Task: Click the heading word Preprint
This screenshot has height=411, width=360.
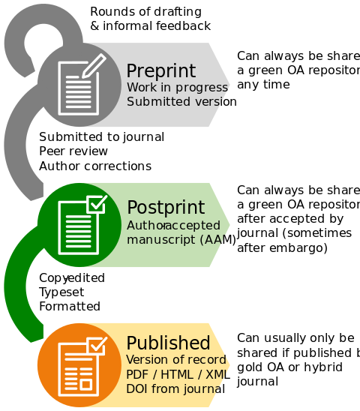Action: [160, 71]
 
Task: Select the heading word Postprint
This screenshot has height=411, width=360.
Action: [165, 208]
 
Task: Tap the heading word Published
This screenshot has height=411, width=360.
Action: [168, 343]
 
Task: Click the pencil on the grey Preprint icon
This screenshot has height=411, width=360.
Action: [93, 66]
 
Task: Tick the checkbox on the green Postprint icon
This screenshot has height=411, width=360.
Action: [97, 203]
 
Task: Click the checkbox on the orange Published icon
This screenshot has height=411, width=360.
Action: [97, 346]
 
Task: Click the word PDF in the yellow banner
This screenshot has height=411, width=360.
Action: [137, 373]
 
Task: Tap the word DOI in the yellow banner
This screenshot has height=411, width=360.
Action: [137, 387]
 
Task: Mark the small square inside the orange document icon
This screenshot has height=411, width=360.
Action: [86, 385]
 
